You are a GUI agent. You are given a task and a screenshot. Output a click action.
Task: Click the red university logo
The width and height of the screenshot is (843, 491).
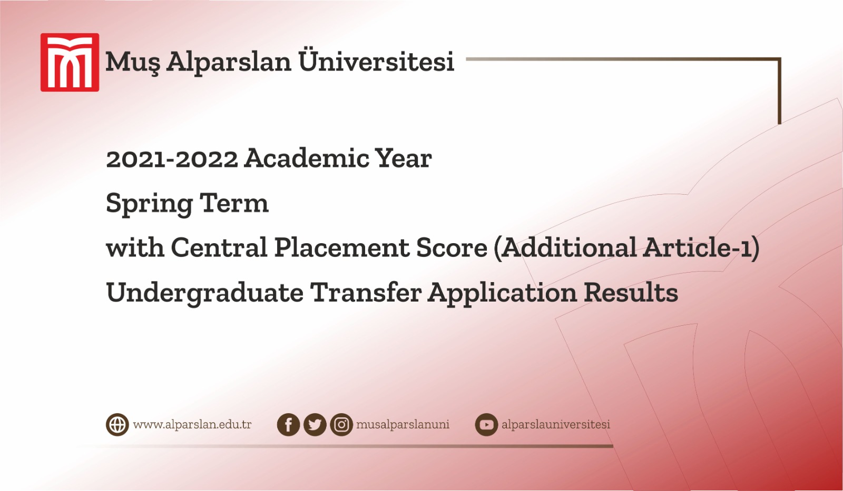(x=70, y=63)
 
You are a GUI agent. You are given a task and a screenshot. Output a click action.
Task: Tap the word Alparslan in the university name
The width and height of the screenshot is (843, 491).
(x=229, y=62)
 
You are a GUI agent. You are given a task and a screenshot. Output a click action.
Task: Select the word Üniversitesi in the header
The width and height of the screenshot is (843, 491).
(x=376, y=61)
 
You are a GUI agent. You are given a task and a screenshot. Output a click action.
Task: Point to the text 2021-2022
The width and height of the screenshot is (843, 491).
(x=172, y=159)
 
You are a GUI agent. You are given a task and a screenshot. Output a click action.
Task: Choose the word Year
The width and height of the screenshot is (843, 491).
(x=403, y=158)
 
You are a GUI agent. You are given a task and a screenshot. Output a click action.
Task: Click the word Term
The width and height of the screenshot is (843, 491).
(x=234, y=203)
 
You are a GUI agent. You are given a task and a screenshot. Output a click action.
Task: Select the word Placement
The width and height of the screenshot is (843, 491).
(x=341, y=247)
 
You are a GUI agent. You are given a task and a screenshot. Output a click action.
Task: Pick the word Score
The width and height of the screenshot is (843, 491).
(x=452, y=247)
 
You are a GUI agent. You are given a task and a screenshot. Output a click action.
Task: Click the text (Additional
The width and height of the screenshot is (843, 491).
(x=565, y=247)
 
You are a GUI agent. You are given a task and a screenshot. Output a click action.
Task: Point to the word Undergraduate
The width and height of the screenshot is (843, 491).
(x=205, y=293)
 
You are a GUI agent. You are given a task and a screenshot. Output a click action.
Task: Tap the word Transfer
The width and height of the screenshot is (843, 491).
(x=366, y=292)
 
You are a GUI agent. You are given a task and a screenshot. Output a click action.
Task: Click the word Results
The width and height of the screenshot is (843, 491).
(x=631, y=292)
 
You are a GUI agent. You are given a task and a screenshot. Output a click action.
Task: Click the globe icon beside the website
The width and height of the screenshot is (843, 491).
(x=117, y=425)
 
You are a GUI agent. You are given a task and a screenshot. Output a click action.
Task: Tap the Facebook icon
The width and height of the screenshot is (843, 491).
(x=288, y=425)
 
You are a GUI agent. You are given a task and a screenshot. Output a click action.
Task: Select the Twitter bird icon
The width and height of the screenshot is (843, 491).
(x=315, y=425)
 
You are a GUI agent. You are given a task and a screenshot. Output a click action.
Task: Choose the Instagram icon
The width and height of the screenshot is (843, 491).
(x=341, y=425)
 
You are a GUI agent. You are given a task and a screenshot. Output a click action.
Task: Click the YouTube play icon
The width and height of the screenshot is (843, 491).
(x=486, y=425)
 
